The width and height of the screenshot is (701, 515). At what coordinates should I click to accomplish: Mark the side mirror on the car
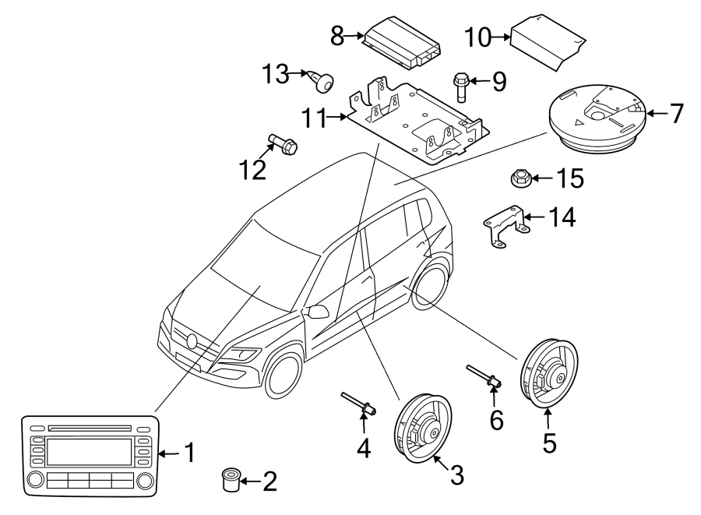tap(318, 312)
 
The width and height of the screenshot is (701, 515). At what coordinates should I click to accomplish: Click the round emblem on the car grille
tap(192, 340)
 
